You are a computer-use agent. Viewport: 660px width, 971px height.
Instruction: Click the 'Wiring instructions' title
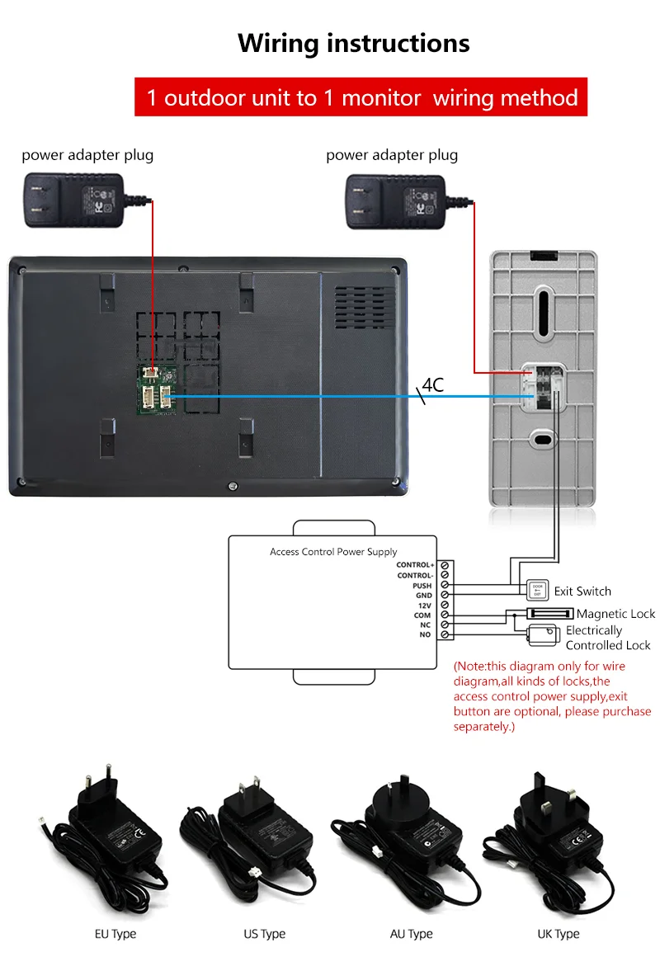[x=354, y=43]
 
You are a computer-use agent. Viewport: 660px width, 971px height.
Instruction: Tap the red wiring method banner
[x=361, y=97]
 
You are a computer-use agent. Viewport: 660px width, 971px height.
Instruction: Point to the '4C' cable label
[x=433, y=384]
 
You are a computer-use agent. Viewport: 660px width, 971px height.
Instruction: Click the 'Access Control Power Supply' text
[x=333, y=552]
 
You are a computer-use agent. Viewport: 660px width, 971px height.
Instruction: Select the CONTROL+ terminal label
[x=415, y=565]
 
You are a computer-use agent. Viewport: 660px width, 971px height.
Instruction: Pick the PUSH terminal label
[x=422, y=585]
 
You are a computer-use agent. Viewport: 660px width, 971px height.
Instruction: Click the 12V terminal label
[x=424, y=605]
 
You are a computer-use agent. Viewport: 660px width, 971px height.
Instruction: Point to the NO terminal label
[x=425, y=634]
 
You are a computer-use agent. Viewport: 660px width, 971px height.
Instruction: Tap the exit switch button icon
[x=537, y=590]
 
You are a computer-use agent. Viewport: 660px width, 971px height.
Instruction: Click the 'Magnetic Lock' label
[x=615, y=614]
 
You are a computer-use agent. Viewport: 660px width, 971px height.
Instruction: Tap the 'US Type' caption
[x=264, y=934]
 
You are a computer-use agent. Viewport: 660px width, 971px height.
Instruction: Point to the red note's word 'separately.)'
[x=484, y=726]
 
